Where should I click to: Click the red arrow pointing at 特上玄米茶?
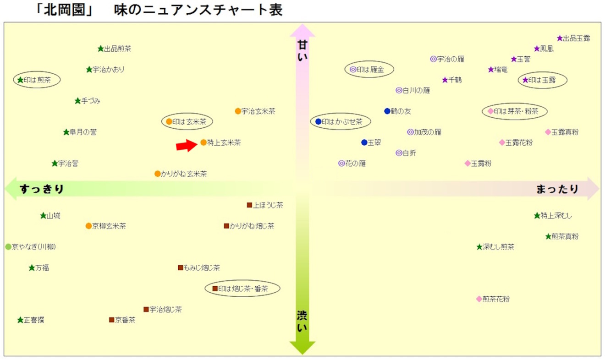pos(187,146)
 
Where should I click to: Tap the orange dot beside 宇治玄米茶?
pos(238,111)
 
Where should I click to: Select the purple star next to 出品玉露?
pos(560,38)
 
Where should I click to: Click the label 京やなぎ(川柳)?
pos(34,247)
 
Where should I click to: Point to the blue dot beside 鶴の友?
pos(387,111)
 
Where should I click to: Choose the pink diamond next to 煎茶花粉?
pos(479,299)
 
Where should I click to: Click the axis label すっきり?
pos(42,189)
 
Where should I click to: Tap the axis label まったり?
pos(557,189)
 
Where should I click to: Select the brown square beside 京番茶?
pos(111,320)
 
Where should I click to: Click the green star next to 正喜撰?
pos(20,320)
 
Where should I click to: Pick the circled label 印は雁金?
pos(370,70)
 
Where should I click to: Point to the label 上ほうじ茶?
pos(268,205)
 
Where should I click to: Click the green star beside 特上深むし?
pos(537,215)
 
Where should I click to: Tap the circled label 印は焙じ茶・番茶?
pos(243,289)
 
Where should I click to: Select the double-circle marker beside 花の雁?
pos(341,163)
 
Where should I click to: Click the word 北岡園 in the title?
pos(65,10)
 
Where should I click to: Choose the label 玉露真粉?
pos(565,132)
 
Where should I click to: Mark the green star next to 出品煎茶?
pos(101,49)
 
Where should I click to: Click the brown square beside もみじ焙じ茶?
pos(181,267)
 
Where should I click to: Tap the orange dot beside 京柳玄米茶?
pos(88,226)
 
